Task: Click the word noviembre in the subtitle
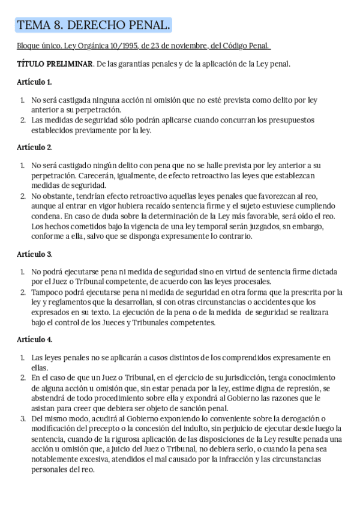187,46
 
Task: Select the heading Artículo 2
34,146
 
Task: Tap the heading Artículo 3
34,254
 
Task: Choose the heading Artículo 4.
34,339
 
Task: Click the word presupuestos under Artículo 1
291,119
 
